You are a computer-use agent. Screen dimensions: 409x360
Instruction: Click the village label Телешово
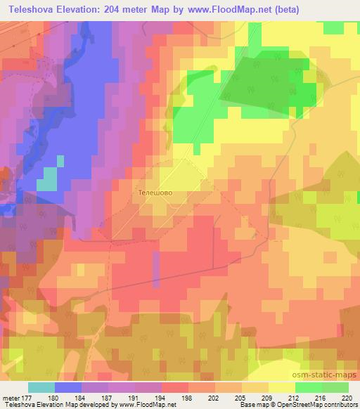point(155,190)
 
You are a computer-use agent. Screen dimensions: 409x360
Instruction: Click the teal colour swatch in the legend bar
point(41,387)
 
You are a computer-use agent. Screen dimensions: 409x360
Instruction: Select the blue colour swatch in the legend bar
point(69,387)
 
